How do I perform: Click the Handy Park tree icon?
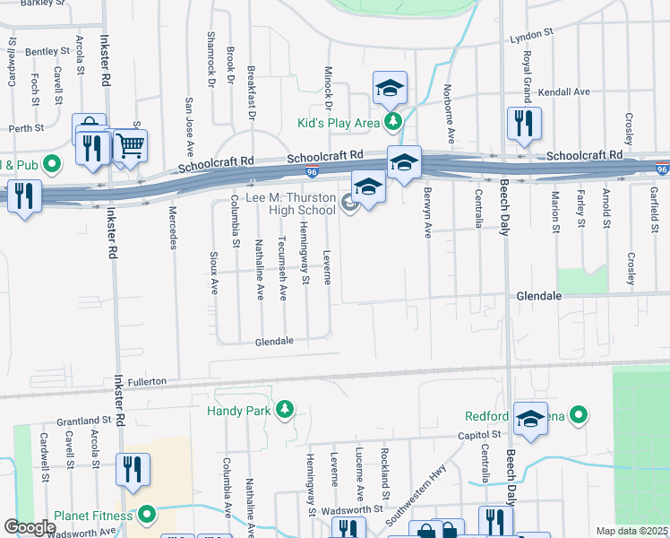[285, 410]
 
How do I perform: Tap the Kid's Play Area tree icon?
[392, 121]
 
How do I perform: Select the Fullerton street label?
[148, 382]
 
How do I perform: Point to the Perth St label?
[27, 128]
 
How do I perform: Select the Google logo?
[30, 527]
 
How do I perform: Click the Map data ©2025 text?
[631, 531]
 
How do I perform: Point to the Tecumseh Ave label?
[282, 267]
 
